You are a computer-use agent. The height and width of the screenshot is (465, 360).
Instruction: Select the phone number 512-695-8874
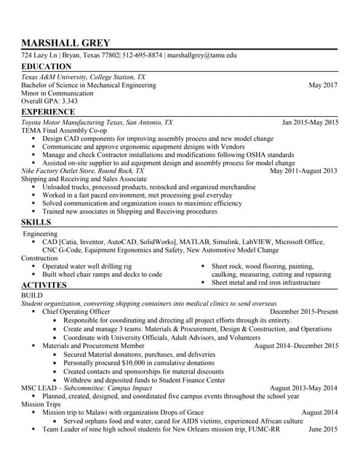click(143, 55)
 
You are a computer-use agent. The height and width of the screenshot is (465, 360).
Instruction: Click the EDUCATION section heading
click(47, 67)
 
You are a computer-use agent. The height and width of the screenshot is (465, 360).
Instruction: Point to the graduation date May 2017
click(323, 85)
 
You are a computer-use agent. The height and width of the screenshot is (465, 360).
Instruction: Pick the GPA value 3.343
click(69, 101)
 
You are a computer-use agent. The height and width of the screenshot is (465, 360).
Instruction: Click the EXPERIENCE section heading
click(49, 113)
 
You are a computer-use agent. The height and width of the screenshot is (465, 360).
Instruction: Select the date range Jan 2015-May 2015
click(309, 123)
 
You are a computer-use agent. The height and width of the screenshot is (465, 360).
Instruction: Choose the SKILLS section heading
click(36, 221)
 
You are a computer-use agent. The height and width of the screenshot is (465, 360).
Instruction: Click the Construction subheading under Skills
click(39, 258)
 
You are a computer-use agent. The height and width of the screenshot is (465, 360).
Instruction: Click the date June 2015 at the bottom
click(323, 429)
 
